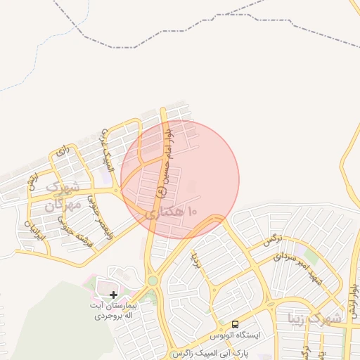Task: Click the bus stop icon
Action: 235,324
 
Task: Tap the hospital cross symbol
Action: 114,294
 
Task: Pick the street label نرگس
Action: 271,239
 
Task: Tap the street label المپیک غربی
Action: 107,148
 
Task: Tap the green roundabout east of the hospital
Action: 152,281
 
